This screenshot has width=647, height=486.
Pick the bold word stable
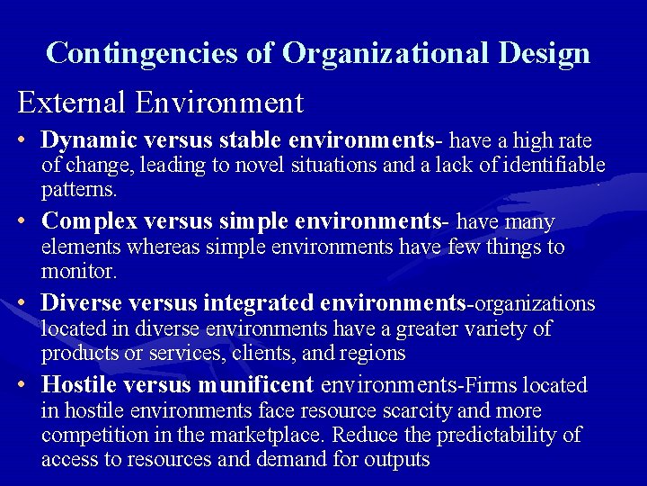(x=244, y=140)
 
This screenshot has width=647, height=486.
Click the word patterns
(x=79, y=190)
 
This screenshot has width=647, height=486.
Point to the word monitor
(x=78, y=271)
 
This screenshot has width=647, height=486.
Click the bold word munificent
(x=254, y=385)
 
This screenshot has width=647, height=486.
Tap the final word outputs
(x=395, y=460)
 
